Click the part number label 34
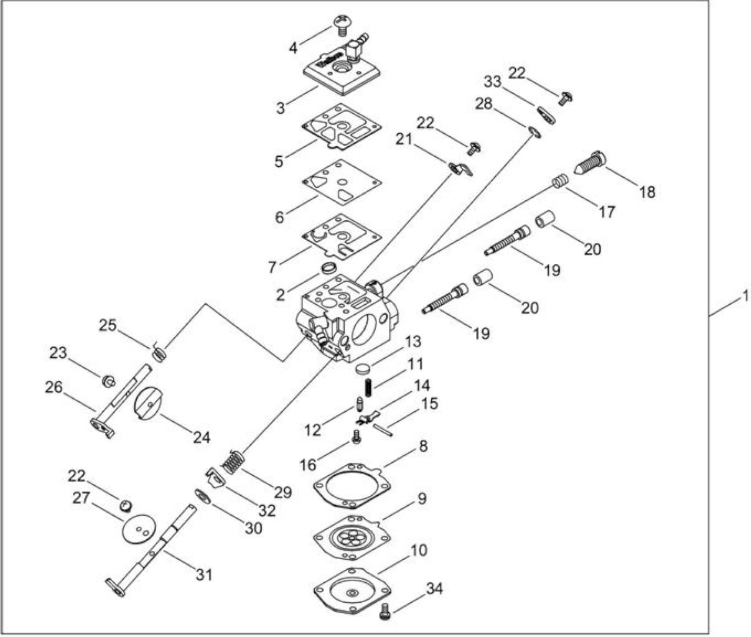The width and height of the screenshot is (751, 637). (434, 588)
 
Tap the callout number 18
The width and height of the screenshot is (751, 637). (648, 192)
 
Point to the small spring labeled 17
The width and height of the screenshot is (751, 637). (560, 180)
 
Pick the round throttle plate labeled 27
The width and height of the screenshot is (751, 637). (138, 529)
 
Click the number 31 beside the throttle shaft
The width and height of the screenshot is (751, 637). (204, 575)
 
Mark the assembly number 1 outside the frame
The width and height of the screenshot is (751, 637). (745, 296)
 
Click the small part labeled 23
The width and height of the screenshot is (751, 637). (109, 381)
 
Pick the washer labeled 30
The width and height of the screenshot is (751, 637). (203, 496)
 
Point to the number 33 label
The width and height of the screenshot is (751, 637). (492, 81)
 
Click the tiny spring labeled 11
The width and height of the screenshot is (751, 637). (368, 388)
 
